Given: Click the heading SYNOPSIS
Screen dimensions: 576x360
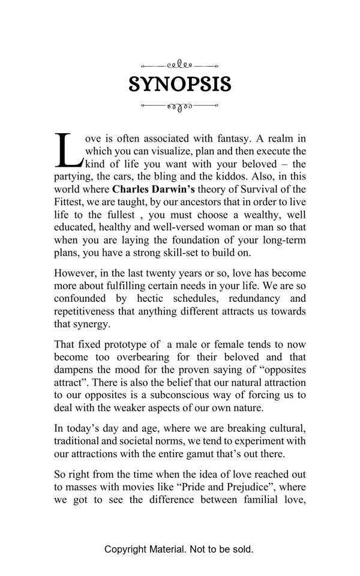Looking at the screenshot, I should [x=180, y=85].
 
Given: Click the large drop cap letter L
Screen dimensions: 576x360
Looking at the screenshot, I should [x=68, y=150].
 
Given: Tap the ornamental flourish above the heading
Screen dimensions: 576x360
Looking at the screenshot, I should [x=179, y=65].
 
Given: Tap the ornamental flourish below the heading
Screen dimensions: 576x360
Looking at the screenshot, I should [x=179, y=106].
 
